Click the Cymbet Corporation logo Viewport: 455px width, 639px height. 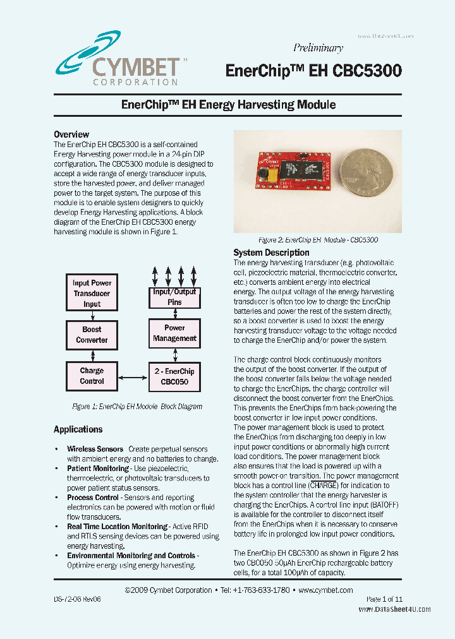tap(117, 60)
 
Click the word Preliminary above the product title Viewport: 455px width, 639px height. tap(318, 48)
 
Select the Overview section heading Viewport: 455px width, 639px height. tap(71, 134)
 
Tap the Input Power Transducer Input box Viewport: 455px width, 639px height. tap(92, 293)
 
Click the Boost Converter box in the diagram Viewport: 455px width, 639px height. tap(92, 335)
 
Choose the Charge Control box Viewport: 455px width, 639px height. tap(92, 376)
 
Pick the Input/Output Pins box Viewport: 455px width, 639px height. tap(174, 297)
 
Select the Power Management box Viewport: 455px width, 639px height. tap(174, 333)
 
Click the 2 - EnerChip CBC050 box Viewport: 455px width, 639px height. tap(174, 376)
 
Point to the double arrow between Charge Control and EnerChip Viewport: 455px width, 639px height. tap(133, 377)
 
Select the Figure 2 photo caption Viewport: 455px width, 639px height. tap(318, 240)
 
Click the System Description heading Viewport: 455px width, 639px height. tap(271, 253)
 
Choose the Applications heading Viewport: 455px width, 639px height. tap(78, 429)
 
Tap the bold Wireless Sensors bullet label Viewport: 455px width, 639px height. tap(95, 449)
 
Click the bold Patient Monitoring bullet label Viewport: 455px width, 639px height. tap(98, 469)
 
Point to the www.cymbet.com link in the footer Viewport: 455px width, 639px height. tap(325, 590)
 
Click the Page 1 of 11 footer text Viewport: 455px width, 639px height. tap(384, 599)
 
